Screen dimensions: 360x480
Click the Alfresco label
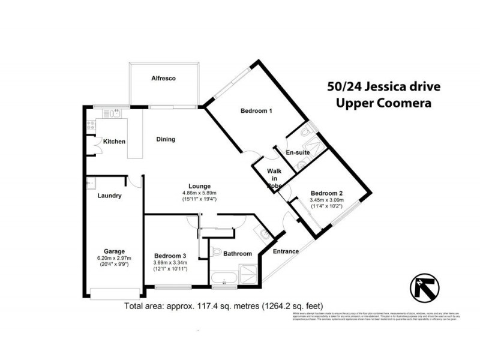[x=163, y=78]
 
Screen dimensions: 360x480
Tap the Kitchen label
[x=114, y=142]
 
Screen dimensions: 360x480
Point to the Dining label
[x=166, y=139]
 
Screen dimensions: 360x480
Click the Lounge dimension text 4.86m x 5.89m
[x=199, y=193]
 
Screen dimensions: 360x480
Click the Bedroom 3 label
[x=171, y=254]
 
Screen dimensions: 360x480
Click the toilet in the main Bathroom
[x=217, y=252]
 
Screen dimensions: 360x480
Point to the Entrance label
[x=286, y=251]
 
